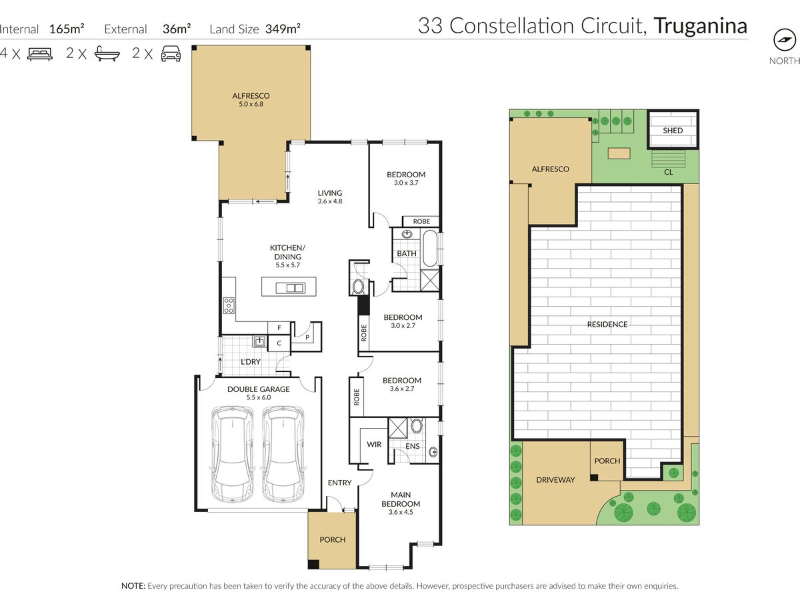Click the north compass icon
tap(784, 40)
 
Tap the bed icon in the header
tap(40, 54)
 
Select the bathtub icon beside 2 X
tap(107, 53)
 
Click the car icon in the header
tap(171, 53)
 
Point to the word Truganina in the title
tap(701, 26)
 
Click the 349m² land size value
tap(283, 29)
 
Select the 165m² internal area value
tap(67, 29)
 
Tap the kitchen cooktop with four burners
tap(229, 305)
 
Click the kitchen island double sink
tap(290, 288)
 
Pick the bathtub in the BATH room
tap(430, 249)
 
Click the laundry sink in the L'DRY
tap(259, 341)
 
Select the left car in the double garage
tap(233, 454)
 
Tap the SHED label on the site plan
tap(673, 131)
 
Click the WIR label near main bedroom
tap(374, 445)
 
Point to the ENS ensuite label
tap(413, 446)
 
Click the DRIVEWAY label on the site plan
tap(555, 480)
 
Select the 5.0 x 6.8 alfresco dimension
tap(251, 104)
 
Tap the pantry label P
tap(307, 337)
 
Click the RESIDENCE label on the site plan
tap(607, 324)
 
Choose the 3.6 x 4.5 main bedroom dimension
tap(401, 512)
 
